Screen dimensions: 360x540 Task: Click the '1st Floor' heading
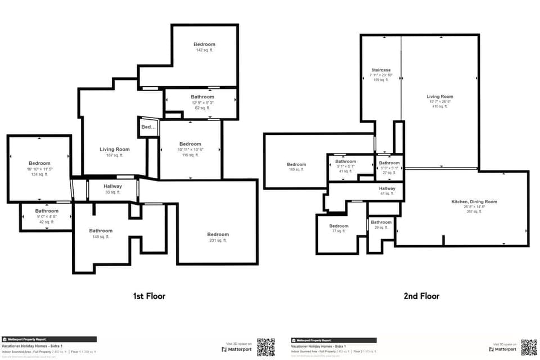(149, 296)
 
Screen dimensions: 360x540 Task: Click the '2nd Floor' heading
(421, 296)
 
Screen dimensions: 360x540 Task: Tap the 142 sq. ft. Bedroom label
(204, 44)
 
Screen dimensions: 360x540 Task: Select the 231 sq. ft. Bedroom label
(218, 235)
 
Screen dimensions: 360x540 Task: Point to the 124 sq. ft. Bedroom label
(39, 164)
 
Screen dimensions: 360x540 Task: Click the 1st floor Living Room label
(115, 150)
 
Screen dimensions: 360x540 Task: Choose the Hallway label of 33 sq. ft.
(112, 186)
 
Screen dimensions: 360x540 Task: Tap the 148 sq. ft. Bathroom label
(101, 231)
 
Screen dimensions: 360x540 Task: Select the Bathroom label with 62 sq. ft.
(202, 97)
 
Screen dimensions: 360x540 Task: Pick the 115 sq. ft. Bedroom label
(190, 144)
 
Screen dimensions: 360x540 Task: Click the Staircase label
(381, 70)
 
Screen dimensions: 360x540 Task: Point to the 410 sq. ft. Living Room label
(439, 97)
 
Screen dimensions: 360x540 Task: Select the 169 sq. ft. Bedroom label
(296, 165)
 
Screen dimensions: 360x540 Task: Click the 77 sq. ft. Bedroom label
(339, 226)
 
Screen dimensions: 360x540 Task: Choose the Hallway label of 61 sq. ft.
(387, 188)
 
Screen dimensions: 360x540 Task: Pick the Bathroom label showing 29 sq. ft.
(381, 222)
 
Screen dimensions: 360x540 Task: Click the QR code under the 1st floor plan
(265, 347)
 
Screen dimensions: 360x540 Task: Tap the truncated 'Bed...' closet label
(148, 127)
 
